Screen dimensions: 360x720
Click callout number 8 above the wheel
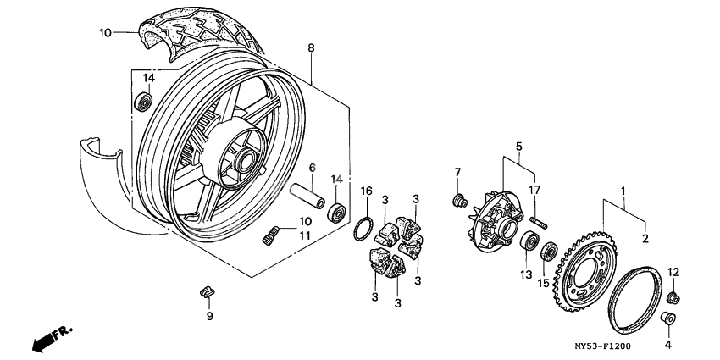(311, 47)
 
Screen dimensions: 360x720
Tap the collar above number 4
(666, 318)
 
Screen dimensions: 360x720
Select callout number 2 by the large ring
(645, 240)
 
